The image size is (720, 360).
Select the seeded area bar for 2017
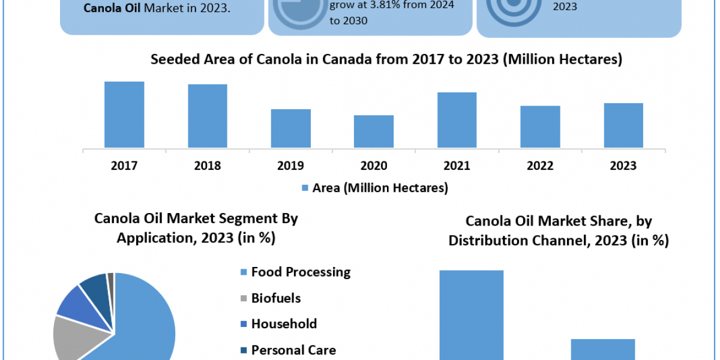pyautogui.click(x=124, y=115)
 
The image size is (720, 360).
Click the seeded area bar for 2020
pyautogui.click(x=374, y=131)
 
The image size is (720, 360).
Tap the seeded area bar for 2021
pyautogui.click(x=457, y=120)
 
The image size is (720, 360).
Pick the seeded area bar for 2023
pyautogui.click(x=623, y=125)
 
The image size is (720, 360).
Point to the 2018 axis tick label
pyautogui.click(x=207, y=166)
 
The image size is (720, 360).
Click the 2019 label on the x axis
pyautogui.click(x=290, y=166)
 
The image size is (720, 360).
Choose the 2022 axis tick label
pyautogui.click(x=540, y=166)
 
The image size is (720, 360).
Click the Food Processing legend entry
pyautogui.click(x=300, y=272)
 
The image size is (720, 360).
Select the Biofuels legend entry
pyautogui.click(x=275, y=298)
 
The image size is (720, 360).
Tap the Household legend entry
pyautogui.click(x=283, y=324)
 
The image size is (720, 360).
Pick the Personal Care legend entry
pyautogui.click(x=293, y=350)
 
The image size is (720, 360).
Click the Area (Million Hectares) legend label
pyautogui.click(x=380, y=188)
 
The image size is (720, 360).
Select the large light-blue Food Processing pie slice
pyautogui.click(x=147, y=324)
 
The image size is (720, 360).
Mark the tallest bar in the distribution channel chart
pyautogui.click(x=472, y=315)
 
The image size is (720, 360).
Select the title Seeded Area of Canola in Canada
pyautogui.click(x=386, y=59)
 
